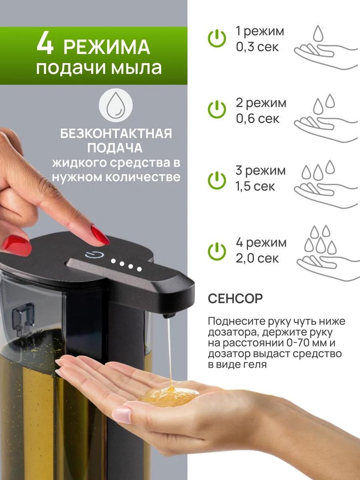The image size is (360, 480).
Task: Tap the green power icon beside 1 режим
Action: pos(217,38)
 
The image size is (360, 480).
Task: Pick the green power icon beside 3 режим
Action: pos(217,180)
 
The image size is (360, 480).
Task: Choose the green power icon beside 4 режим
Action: pos(217,252)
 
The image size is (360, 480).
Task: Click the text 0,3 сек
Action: pos(257,47)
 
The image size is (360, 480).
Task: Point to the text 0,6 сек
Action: pos(258,118)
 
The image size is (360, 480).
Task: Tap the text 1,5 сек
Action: pos(255,186)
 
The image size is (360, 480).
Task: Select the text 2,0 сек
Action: pos(257,258)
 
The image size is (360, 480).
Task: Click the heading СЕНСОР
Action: pos(235,298)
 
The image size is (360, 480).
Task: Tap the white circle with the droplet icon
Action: pos(116,105)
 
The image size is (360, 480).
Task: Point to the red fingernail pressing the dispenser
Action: pos(100,235)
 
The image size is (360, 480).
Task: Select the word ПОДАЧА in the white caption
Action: pos(115,148)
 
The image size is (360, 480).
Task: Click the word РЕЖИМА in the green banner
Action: pos(107,47)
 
